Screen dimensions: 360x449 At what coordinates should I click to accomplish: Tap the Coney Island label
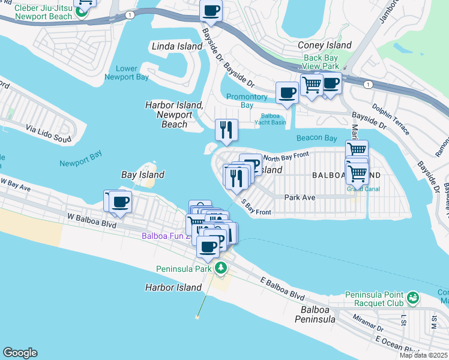point(325,46)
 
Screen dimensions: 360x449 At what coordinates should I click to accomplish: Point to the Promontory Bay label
point(247,101)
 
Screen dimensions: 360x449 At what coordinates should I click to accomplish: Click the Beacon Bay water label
point(316,138)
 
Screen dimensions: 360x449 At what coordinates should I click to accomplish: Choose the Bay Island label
point(143,175)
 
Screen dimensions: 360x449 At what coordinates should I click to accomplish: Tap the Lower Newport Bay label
point(127,73)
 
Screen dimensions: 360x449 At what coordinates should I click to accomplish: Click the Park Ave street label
point(300,197)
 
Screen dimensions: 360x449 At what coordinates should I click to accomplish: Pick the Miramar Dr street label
point(367,323)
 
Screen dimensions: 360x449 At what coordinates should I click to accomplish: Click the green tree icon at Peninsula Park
point(221,268)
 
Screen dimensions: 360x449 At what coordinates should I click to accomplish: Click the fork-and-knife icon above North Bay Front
point(226,129)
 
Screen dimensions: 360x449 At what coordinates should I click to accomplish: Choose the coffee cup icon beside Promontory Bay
point(286,93)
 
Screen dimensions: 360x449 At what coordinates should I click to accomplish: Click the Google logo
point(20,353)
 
